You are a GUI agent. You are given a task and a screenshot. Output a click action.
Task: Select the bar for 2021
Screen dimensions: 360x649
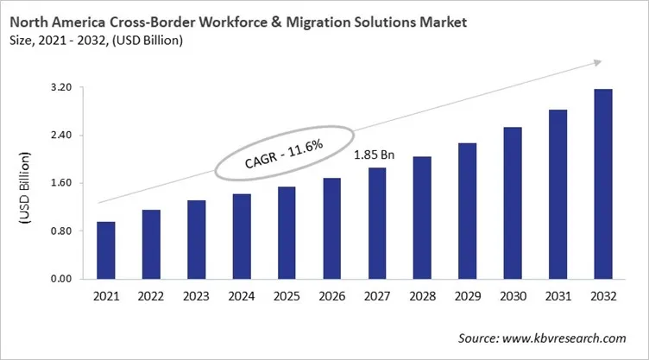click(x=106, y=250)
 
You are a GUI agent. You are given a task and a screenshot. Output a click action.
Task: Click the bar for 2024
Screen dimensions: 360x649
click(x=242, y=237)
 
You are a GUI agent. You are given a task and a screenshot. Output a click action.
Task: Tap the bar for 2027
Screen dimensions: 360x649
click(x=376, y=223)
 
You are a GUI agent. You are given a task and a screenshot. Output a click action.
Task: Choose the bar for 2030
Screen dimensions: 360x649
click(x=512, y=203)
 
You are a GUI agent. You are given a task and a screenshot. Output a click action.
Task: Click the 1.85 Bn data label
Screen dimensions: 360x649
click(x=375, y=155)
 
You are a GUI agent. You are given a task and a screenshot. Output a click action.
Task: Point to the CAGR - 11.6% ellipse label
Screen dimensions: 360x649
click(x=284, y=153)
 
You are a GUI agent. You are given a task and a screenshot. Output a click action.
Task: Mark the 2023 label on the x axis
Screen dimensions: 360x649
click(x=196, y=296)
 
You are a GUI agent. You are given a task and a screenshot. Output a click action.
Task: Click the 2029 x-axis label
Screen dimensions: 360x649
click(x=467, y=296)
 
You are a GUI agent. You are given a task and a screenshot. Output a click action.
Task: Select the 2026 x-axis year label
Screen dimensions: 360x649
click(x=331, y=296)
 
